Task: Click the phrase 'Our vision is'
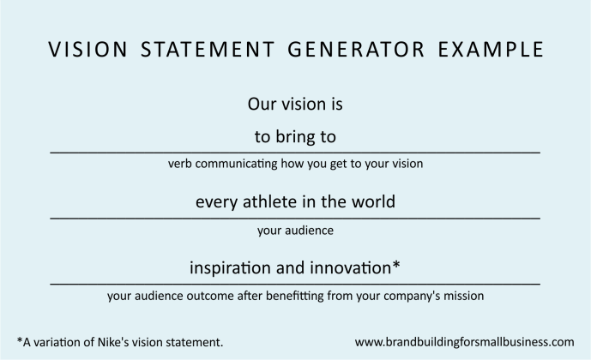pyautogui.click(x=295, y=105)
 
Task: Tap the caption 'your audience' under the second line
pyautogui.click(x=295, y=230)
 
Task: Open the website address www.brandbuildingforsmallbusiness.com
pyautogui.click(x=464, y=341)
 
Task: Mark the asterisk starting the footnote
pyautogui.click(x=19, y=339)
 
